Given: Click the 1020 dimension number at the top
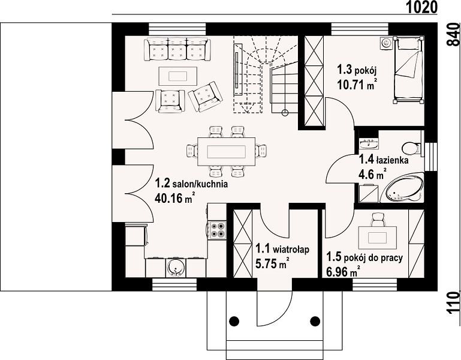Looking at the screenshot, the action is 422,7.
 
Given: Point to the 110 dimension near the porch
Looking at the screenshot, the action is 454,303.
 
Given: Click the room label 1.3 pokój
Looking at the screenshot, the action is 357,70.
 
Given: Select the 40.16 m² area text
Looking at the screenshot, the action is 175,198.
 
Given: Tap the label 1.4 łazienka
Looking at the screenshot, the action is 384,160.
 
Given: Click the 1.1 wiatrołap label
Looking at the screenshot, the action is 282,249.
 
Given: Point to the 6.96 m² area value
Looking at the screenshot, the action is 344,271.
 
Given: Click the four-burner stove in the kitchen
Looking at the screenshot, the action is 217,230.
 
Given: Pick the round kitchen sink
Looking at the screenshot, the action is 176,268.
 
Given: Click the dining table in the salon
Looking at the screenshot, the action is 227,152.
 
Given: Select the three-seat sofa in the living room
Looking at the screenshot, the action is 177,49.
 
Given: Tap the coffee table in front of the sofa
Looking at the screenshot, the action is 178,76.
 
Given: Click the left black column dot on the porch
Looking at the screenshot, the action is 234,320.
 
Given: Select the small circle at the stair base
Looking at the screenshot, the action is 285,112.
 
